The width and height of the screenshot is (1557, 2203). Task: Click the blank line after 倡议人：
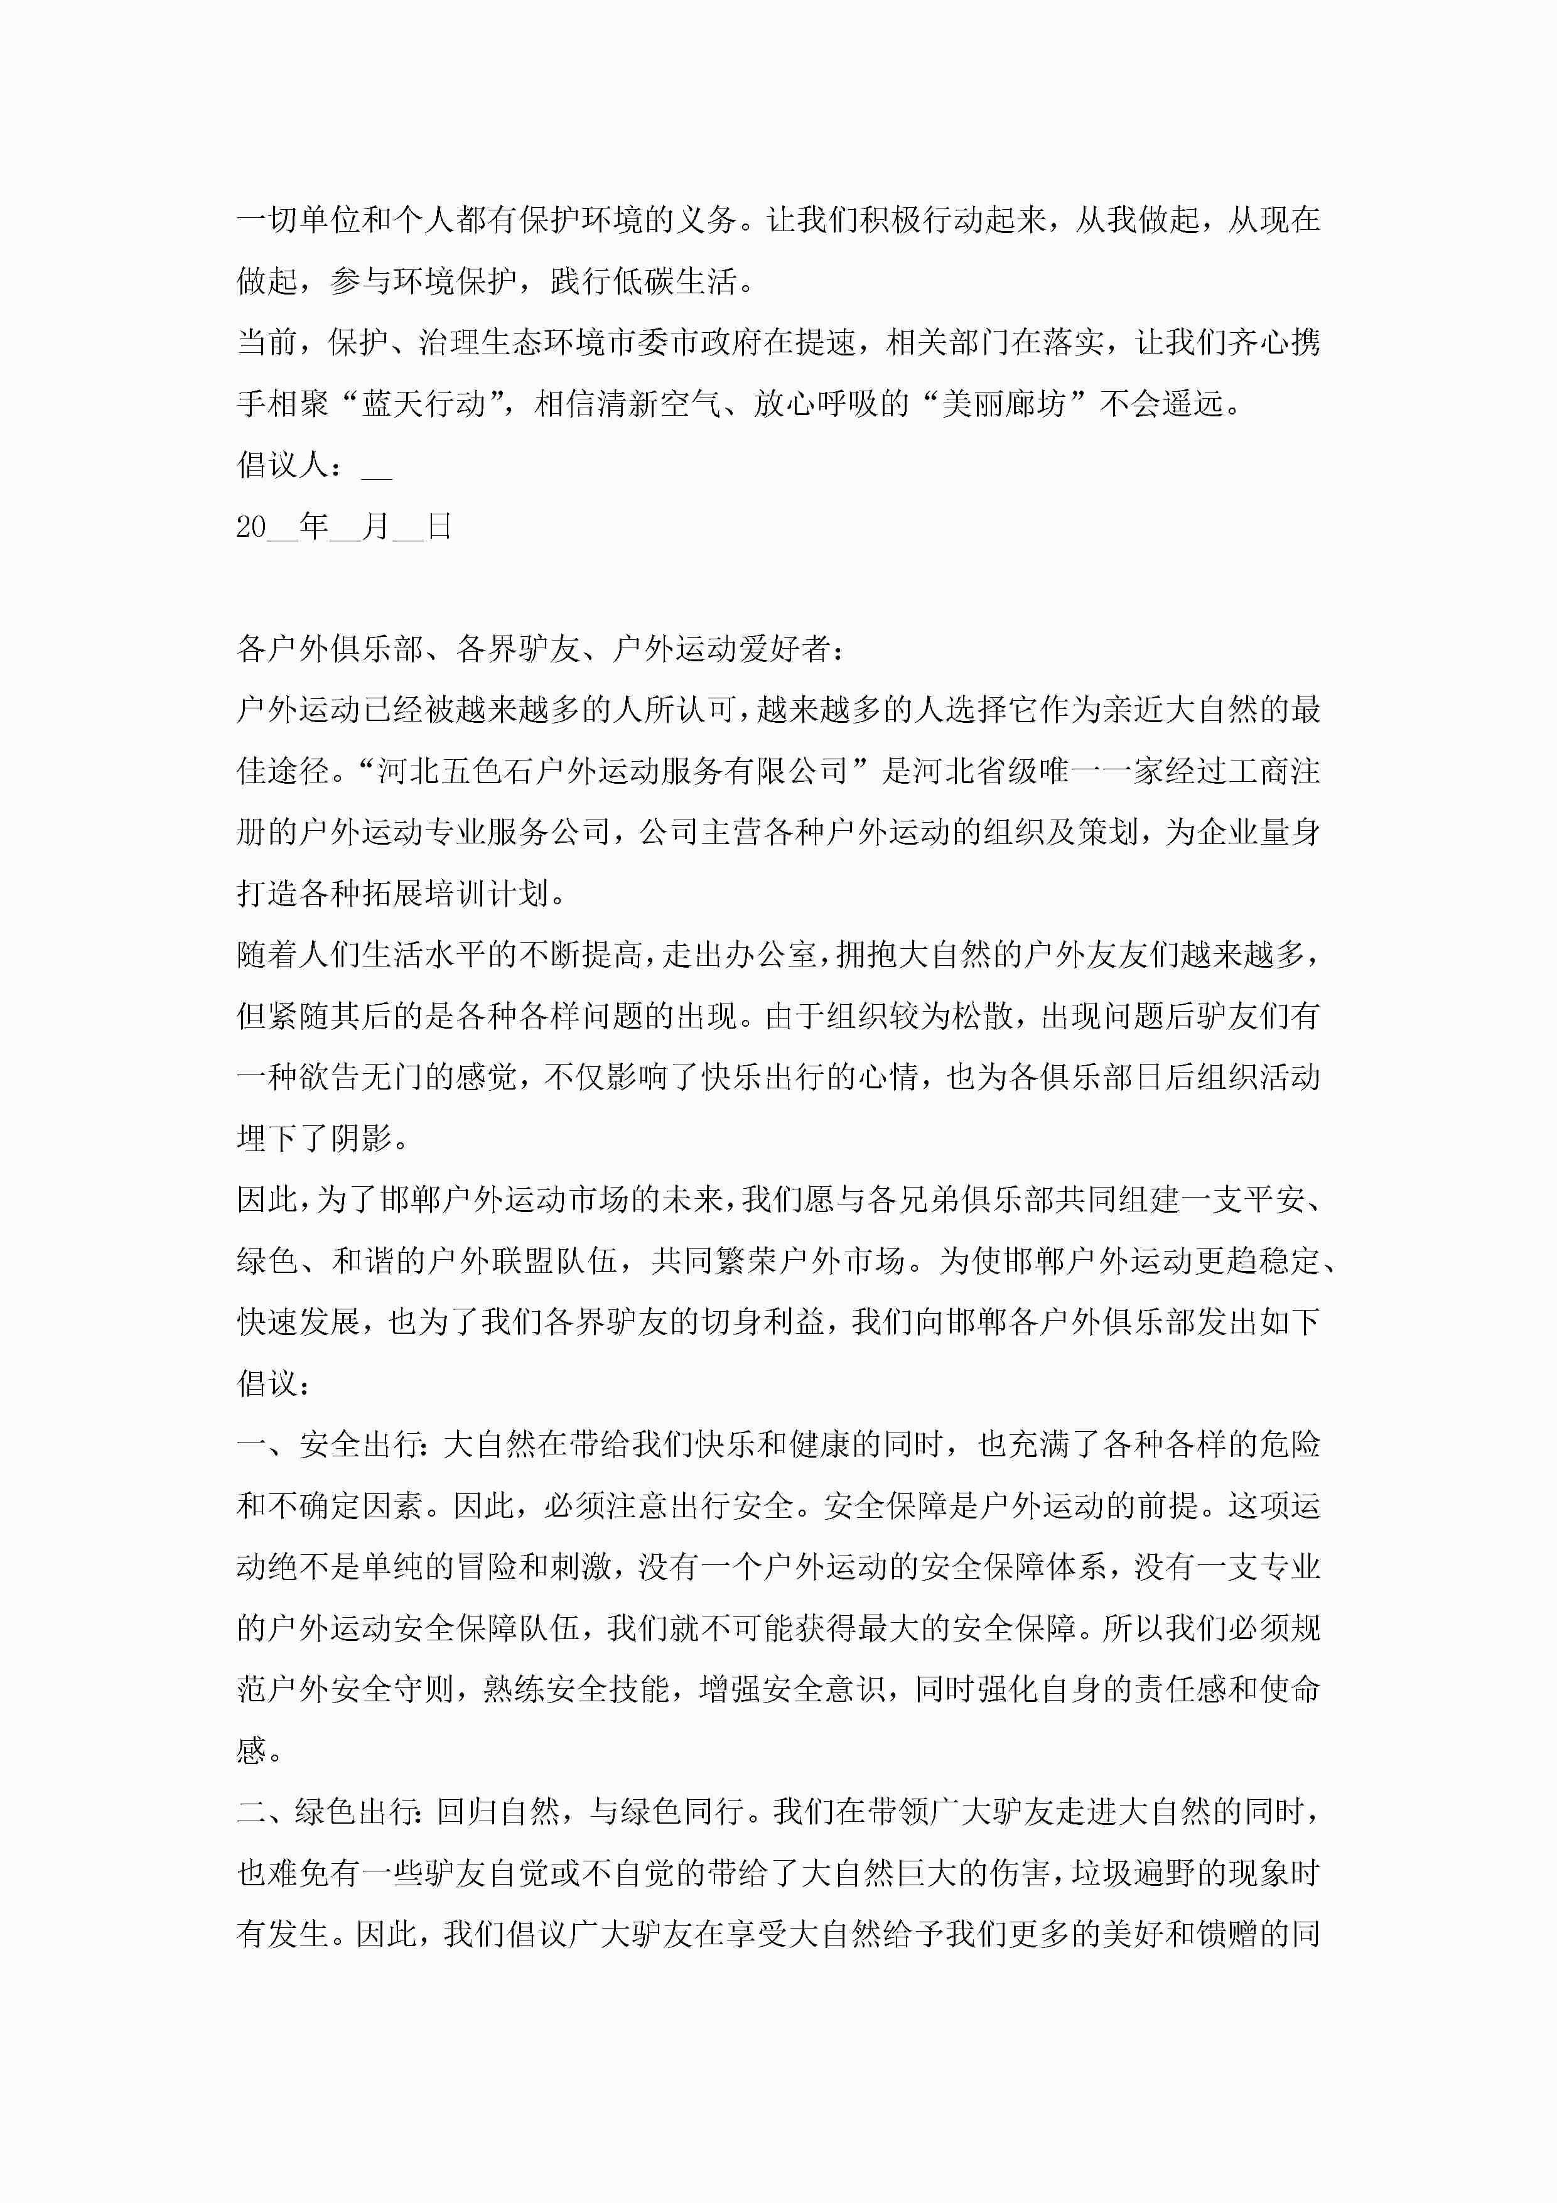tap(376, 470)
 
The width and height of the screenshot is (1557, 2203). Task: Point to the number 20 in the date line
tap(251, 527)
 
